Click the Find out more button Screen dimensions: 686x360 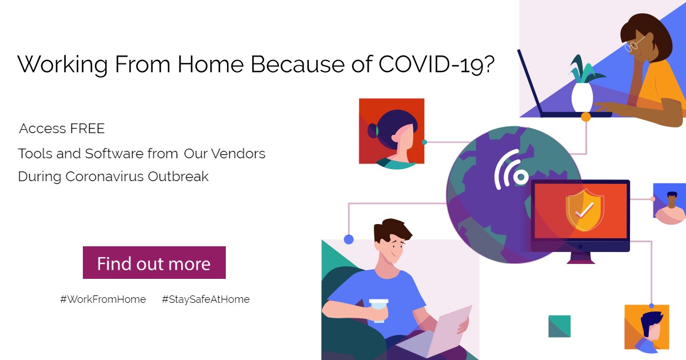coord(154,263)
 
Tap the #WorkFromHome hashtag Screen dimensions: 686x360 coord(103,299)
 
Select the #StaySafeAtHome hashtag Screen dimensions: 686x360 coord(206,299)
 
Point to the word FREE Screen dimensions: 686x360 coord(87,129)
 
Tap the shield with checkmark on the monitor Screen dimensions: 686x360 coord(585,210)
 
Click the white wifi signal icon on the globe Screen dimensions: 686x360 coord(510,170)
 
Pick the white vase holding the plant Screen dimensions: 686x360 coord(582,97)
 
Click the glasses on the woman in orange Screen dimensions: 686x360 coord(634,44)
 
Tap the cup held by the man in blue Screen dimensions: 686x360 coord(379,310)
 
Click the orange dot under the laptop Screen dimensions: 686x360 coord(586,117)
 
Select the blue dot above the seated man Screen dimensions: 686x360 coord(349,239)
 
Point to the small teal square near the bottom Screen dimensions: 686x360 coord(560,326)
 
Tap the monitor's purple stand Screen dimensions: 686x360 coord(581,258)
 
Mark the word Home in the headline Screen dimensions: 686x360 coord(211,64)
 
